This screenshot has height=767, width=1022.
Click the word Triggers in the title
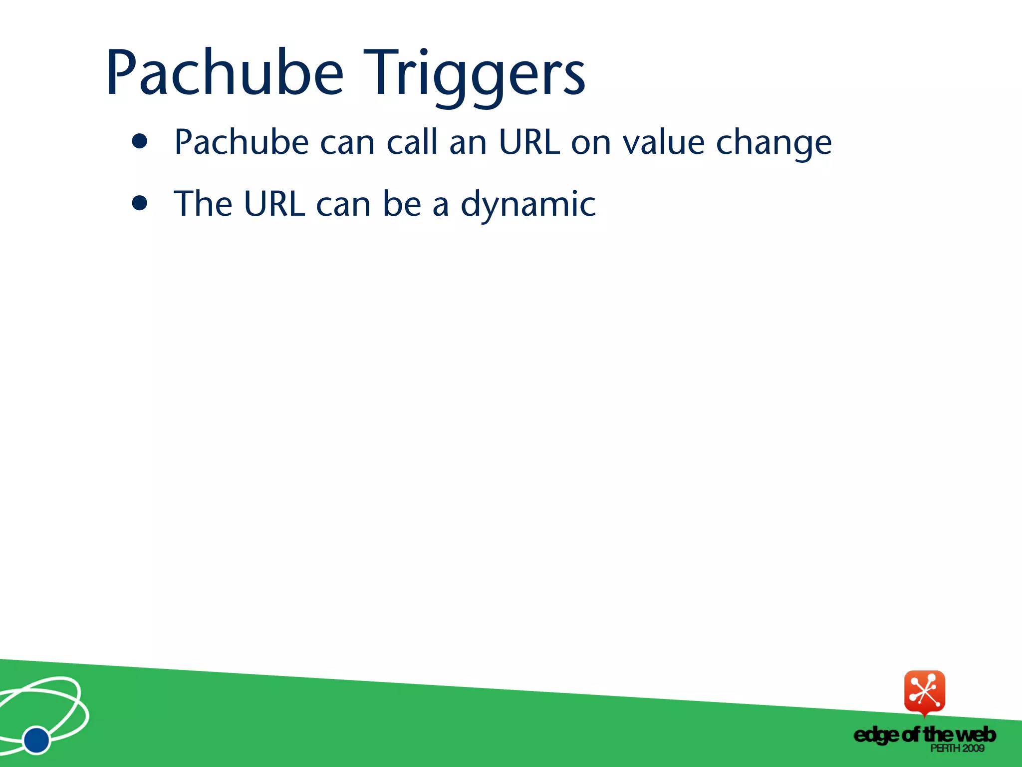pos(474,74)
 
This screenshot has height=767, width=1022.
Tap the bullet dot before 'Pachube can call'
pos(140,142)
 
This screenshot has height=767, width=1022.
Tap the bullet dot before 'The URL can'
pos(140,203)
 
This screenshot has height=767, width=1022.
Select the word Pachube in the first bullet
pos(242,142)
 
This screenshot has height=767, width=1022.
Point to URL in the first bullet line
pos(528,142)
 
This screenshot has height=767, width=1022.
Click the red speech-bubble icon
pos(925,692)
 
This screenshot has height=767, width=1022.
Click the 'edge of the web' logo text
pos(924,735)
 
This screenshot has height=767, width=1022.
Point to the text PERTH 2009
pos(957,748)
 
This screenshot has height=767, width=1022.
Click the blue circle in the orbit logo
pos(36,740)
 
